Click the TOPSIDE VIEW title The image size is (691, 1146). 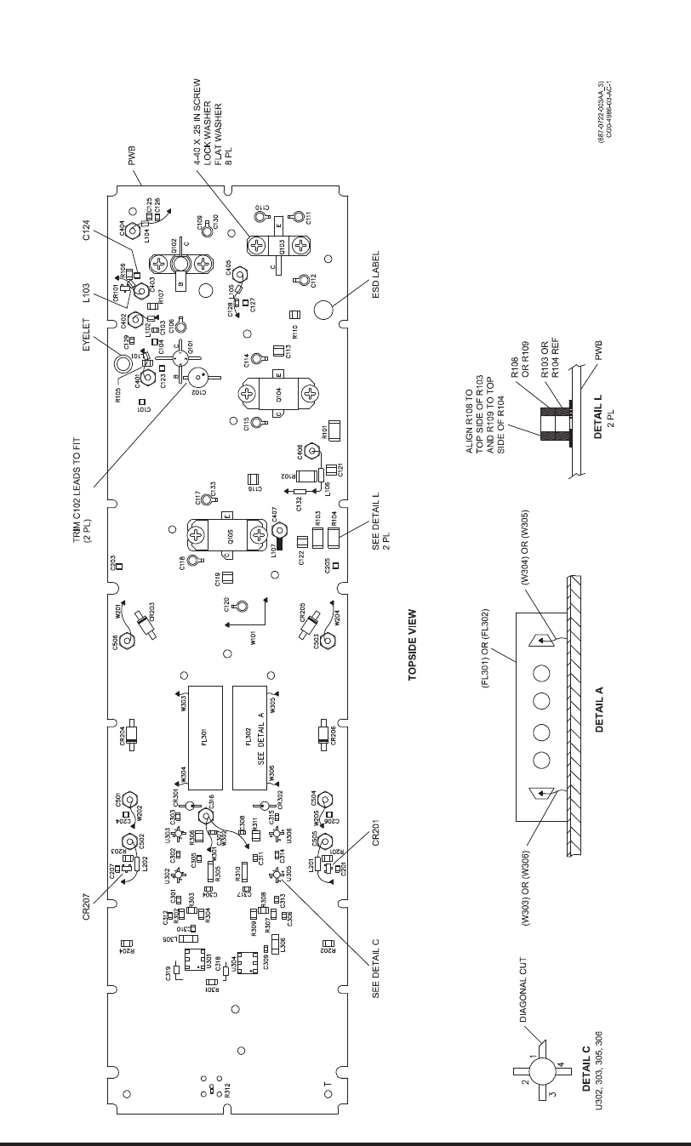[412, 644]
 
